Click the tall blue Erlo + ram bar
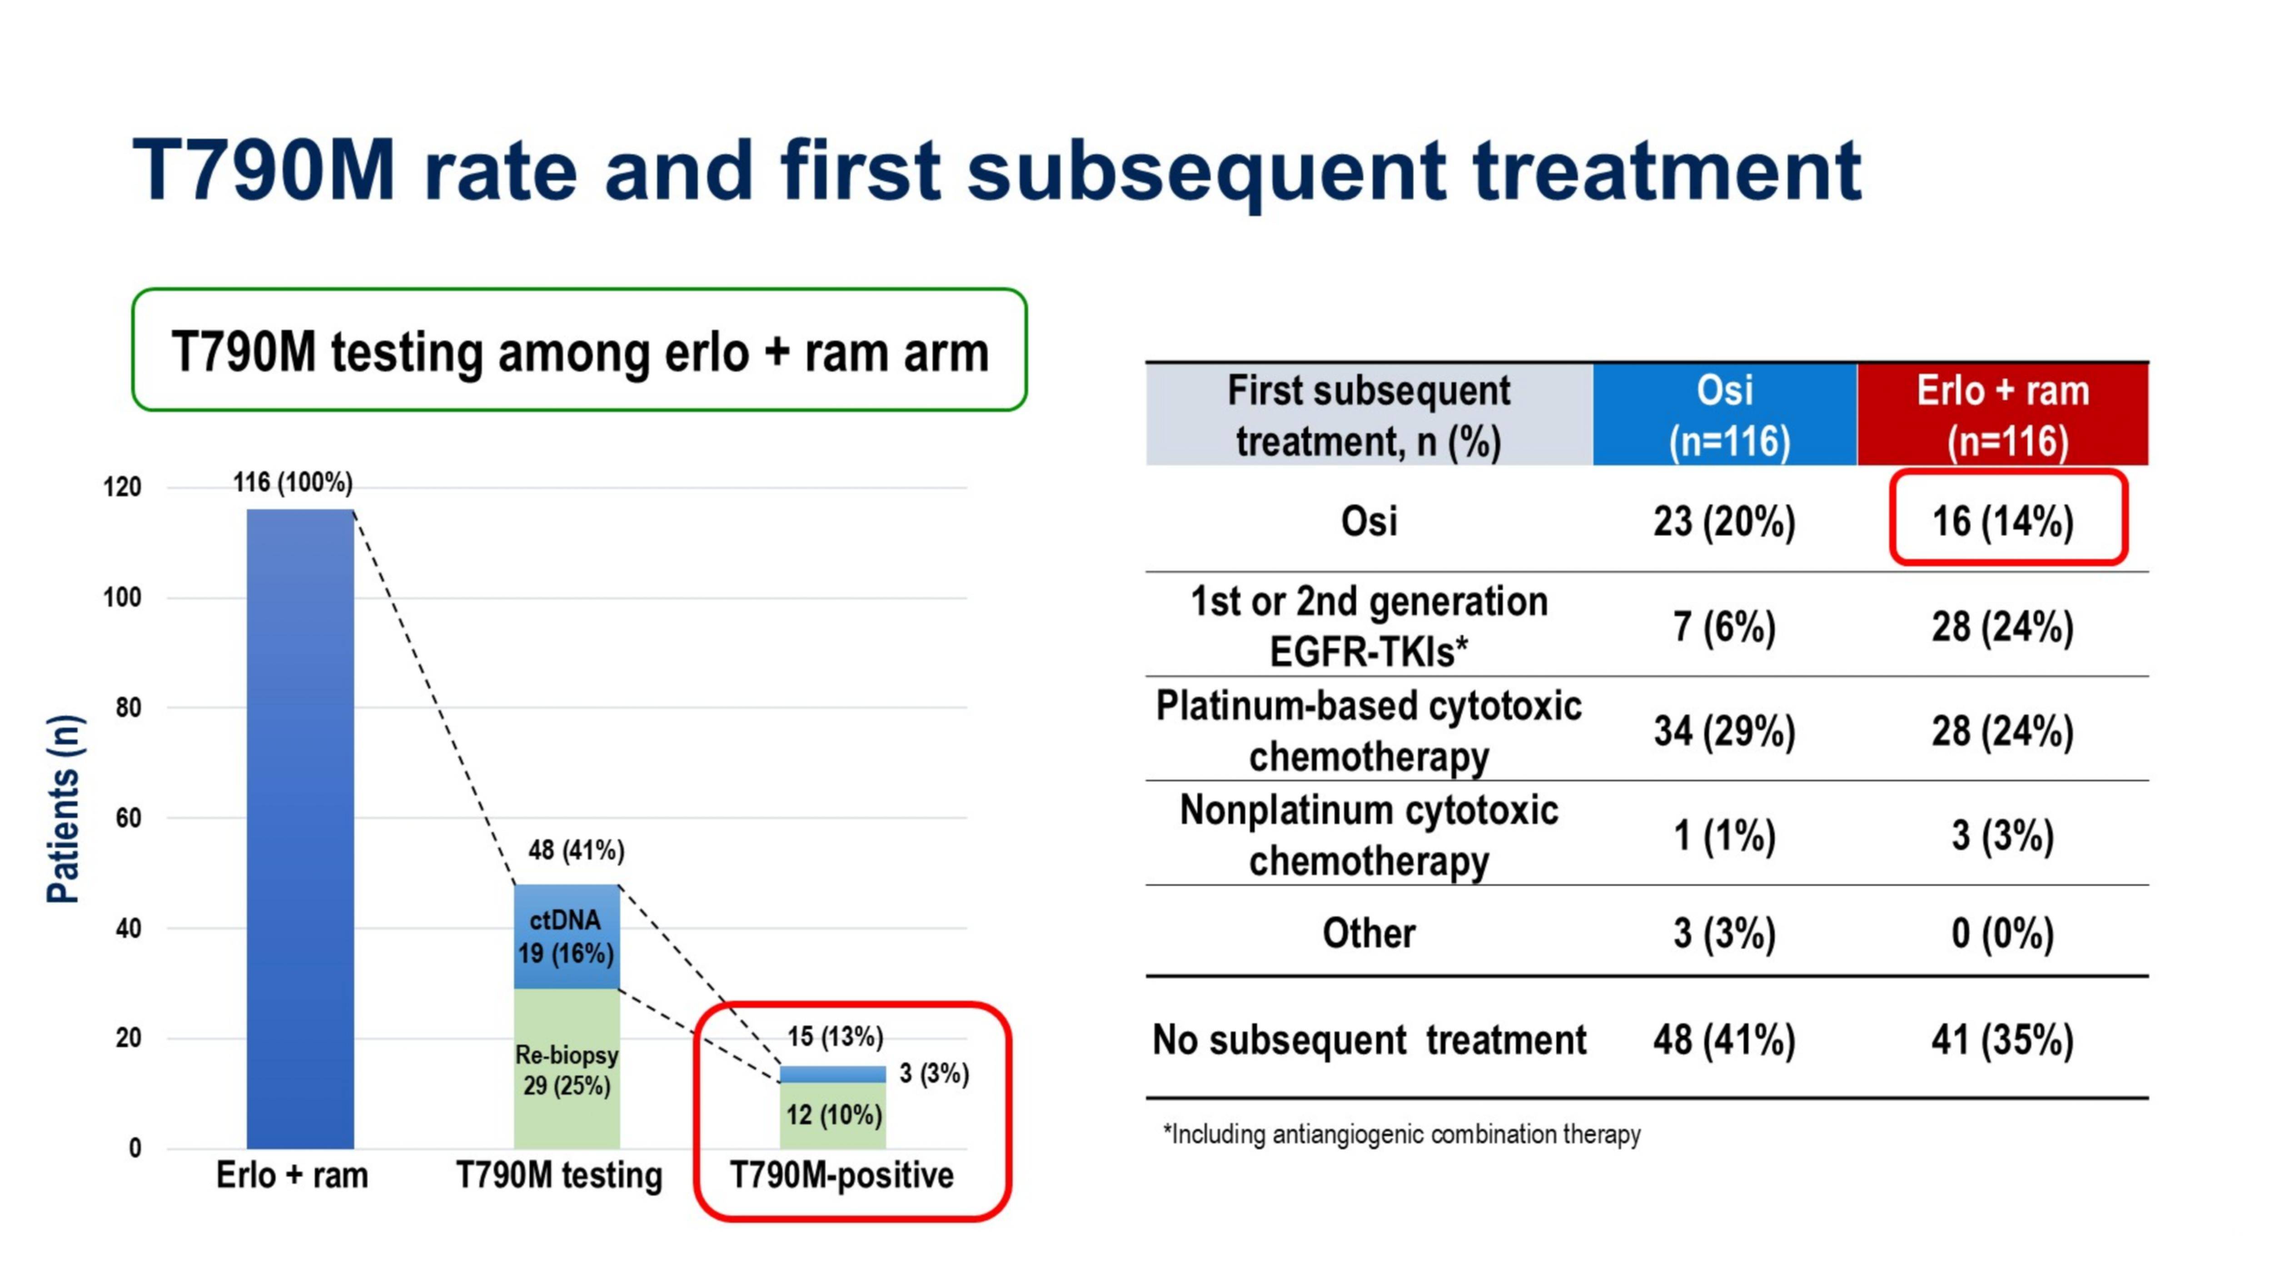pyautogui.click(x=300, y=828)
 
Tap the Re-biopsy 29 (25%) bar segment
pyautogui.click(x=566, y=1069)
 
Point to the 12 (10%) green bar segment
pyautogui.click(x=833, y=1115)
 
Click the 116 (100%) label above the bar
pyautogui.click(x=293, y=482)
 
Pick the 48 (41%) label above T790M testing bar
pyautogui.click(x=576, y=850)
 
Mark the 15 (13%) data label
pyautogui.click(x=835, y=1036)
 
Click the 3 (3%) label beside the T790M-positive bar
pyautogui.click(x=933, y=1074)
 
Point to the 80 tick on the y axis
pyautogui.click(x=128, y=708)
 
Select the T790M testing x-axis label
pyautogui.click(x=559, y=1175)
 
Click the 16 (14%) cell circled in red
pyautogui.click(x=2003, y=521)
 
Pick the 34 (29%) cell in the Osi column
pyautogui.click(x=1725, y=731)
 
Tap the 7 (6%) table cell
pyautogui.click(x=1725, y=627)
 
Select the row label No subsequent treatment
pyautogui.click(x=1369, y=1040)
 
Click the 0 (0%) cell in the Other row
pyautogui.click(x=2003, y=933)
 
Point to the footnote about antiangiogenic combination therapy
pyautogui.click(x=1402, y=1135)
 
